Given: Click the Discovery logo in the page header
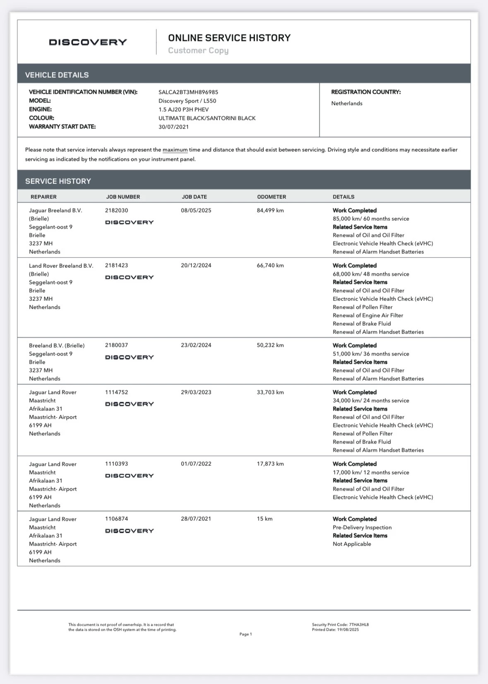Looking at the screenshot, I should [x=88, y=42].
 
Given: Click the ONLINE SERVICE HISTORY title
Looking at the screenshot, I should [x=229, y=38].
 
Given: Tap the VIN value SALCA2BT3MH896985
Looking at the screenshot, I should [x=188, y=92].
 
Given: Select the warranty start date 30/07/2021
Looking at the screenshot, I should [x=173, y=127].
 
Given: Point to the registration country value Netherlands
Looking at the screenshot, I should [x=347, y=103].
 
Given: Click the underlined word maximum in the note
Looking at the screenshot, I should [x=175, y=150].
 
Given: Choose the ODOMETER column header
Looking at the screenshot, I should [x=272, y=197].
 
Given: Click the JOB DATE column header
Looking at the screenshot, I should [x=194, y=197].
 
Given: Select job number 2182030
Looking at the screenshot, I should [x=117, y=210].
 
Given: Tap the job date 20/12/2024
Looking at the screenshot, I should [x=196, y=265].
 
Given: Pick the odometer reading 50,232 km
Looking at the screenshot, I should [x=270, y=345].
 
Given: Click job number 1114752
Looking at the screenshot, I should [x=117, y=392].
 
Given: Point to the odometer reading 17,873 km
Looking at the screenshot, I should [x=270, y=464].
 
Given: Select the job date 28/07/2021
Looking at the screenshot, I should [x=196, y=519].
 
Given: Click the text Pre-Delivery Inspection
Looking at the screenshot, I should [x=362, y=527].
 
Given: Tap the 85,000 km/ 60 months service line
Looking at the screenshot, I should [x=371, y=219].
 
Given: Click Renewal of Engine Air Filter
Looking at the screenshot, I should [x=368, y=315].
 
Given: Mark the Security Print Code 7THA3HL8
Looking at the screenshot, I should [x=358, y=624].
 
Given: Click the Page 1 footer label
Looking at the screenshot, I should [x=245, y=634].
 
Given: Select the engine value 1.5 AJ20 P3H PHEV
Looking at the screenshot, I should [x=183, y=110].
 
